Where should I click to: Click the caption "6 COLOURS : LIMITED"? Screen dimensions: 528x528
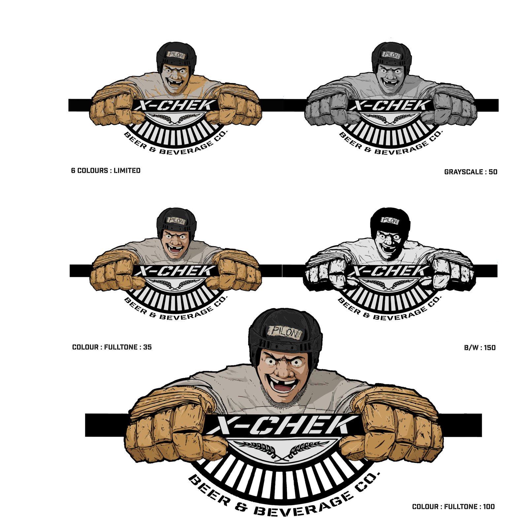(106, 171)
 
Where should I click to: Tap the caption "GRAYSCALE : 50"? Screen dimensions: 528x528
(471, 172)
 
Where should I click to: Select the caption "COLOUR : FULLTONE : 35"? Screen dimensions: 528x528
(112, 347)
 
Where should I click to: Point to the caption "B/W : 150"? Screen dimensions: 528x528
(480, 347)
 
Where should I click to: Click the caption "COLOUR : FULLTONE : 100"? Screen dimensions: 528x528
(453, 507)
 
